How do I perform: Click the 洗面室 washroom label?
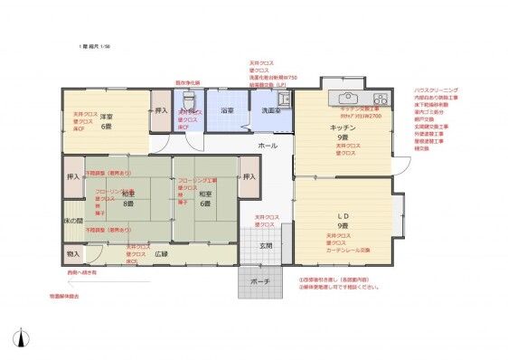(x=271, y=111)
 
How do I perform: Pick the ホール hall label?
(x=268, y=146)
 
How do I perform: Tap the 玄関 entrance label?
(x=265, y=245)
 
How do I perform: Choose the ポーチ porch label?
(x=259, y=282)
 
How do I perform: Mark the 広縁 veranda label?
(x=162, y=254)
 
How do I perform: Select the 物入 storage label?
(x=72, y=255)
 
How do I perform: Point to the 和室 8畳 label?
(x=130, y=198)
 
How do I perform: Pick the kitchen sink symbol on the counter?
(x=347, y=98)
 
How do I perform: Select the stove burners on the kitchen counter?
(x=381, y=98)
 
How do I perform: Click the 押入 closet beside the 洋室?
(x=162, y=111)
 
